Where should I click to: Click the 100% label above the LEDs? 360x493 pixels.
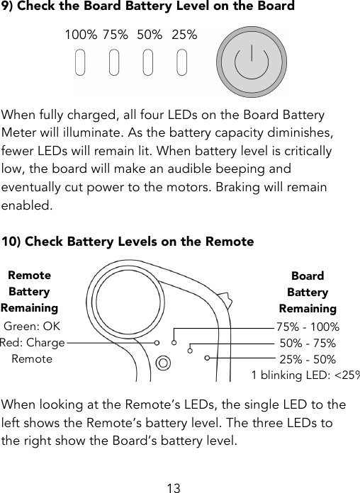(x=80, y=35)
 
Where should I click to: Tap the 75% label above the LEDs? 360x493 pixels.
(x=115, y=35)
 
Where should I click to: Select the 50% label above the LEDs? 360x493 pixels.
(x=150, y=35)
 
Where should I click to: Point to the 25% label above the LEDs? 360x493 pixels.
(x=184, y=35)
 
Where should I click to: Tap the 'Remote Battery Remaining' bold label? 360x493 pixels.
(x=29, y=291)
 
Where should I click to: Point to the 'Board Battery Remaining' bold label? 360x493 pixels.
(x=308, y=292)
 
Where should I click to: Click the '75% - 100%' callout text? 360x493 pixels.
(x=308, y=327)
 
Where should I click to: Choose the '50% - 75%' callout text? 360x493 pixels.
(x=308, y=344)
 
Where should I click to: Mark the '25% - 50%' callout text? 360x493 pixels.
(x=308, y=360)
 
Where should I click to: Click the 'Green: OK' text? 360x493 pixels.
(x=33, y=327)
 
